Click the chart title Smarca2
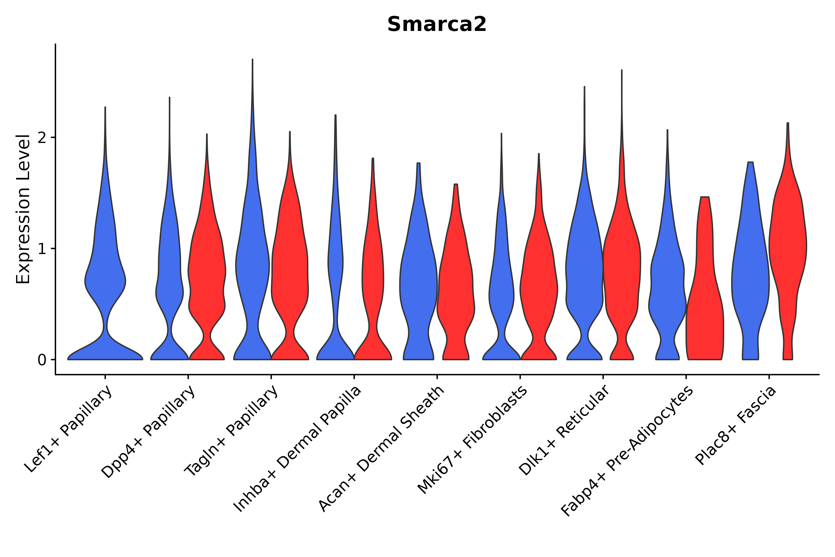click(x=436, y=25)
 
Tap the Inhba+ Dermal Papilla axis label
click(x=298, y=449)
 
